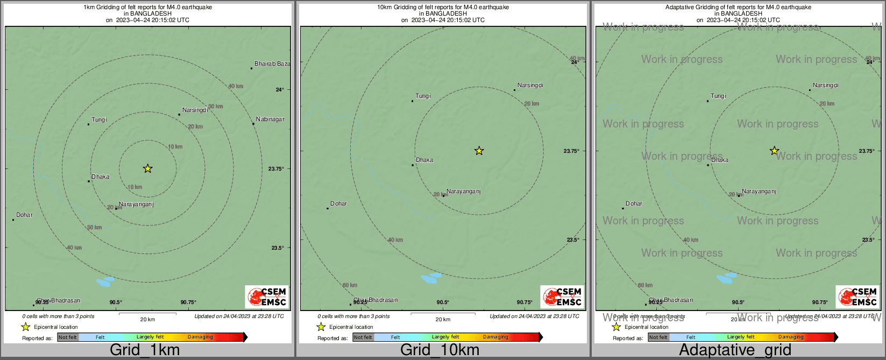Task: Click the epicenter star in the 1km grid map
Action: [x=148, y=169]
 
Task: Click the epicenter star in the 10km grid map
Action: [x=479, y=151]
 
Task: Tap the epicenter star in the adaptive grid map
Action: [x=774, y=151]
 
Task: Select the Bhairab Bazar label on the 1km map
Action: [x=272, y=63]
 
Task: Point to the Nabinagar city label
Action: [x=270, y=119]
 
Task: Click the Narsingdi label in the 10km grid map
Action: [x=530, y=86]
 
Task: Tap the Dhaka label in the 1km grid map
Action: [x=100, y=177]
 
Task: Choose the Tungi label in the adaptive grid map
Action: [x=718, y=96]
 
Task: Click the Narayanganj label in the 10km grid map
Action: [x=463, y=191]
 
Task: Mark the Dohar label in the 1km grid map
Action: [x=24, y=215]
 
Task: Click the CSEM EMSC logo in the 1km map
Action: [x=267, y=297]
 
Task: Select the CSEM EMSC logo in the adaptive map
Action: [x=857, y=297]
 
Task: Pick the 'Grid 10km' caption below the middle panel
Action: [x=440, y=350]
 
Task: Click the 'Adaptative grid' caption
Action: [x=735, y=350]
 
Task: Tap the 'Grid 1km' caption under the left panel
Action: [x=145, y=350]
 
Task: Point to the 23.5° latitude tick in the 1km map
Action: [x=278, y=248]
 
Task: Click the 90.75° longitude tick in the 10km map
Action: [x=524, y=302]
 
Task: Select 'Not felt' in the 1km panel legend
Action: [x=68, y=337]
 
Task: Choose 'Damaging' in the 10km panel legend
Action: [x=495, y=337]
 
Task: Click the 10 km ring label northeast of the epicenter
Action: [x=175, y=147]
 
